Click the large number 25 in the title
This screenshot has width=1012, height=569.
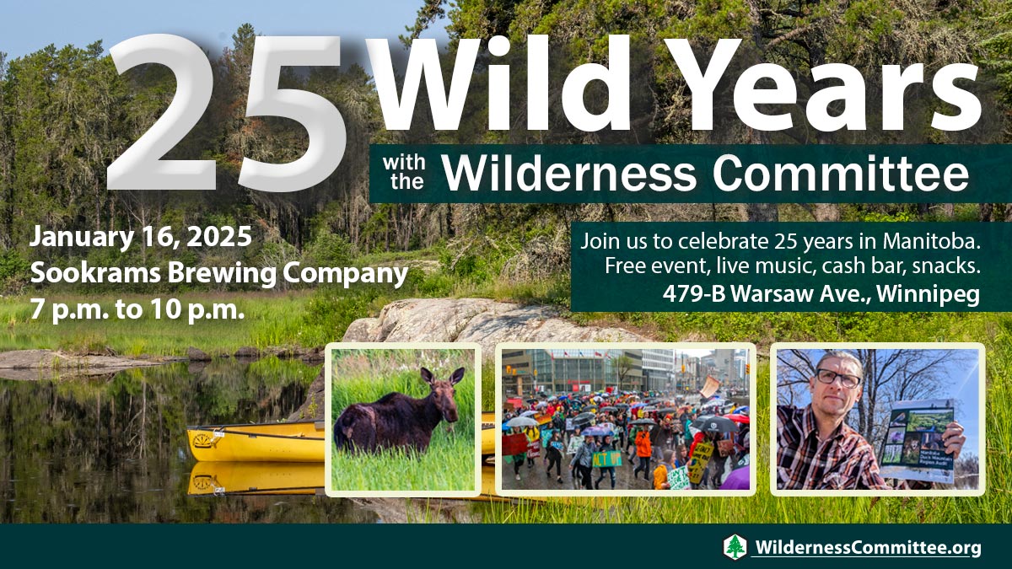(226, 113)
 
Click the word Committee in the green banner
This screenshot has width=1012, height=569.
(841, 174)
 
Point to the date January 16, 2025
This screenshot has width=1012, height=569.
(141, 238)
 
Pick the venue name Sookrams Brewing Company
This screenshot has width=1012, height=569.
(219, 274)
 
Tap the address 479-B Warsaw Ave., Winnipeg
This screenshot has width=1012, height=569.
(821, 294)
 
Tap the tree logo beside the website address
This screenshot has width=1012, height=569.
(735, 547)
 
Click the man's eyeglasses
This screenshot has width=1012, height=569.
(838, 378)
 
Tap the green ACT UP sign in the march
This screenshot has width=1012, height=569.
(606, 459)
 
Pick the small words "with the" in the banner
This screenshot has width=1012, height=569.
(404, 173)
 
